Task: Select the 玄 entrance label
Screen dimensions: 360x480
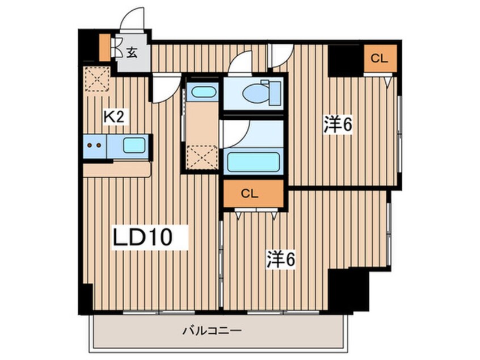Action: click(132, 53)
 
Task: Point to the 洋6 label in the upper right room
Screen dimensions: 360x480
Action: click(339, 124)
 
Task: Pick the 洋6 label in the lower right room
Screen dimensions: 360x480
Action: click(281, 261)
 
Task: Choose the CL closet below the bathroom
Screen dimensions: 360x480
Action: click(252, 194)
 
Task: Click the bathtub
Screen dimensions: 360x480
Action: click(252, 162)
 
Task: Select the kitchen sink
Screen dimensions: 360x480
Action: click(134, 145)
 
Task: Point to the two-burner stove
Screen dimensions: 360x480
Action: click(95, 145)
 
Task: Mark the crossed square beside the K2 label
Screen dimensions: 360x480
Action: click(96, 78)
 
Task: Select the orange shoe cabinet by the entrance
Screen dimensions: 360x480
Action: click(104, 48)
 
